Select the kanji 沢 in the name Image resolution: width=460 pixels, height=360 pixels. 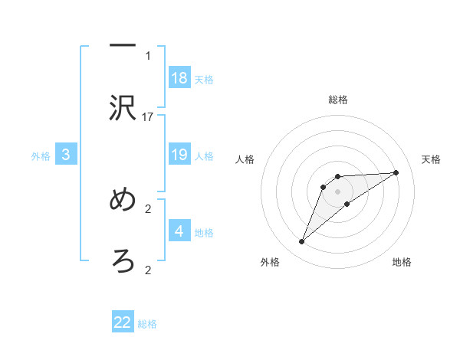pos(123,109)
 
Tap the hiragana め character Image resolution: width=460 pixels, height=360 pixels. pos(123,200)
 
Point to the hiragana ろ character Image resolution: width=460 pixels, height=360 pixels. pos(123,261)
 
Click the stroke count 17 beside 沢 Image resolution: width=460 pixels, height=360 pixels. pos(148,116)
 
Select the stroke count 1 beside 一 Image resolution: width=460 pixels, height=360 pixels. pos(148,55)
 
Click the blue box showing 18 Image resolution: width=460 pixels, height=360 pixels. pos(179,77)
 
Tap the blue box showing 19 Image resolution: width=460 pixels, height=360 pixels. pos(179,155)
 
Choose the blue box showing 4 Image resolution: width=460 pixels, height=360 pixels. pos(179,231)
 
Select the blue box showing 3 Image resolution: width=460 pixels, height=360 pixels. pos(66,155)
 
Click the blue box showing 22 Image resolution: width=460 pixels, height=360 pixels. pos(123,322)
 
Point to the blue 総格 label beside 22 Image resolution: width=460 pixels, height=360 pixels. pos(147,324)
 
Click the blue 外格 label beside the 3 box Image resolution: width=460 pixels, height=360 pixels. pos(41,156)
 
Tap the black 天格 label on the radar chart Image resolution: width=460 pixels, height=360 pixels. pos(431,159)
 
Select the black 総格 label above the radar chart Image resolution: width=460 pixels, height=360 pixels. pos(338,100)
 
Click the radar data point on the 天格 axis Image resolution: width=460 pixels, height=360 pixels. pos(396,172)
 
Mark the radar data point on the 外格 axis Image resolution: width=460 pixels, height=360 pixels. pos(301,242)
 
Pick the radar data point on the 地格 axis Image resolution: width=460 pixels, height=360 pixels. pos(347,204)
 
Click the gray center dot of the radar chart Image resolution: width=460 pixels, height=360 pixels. pos(338,191)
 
